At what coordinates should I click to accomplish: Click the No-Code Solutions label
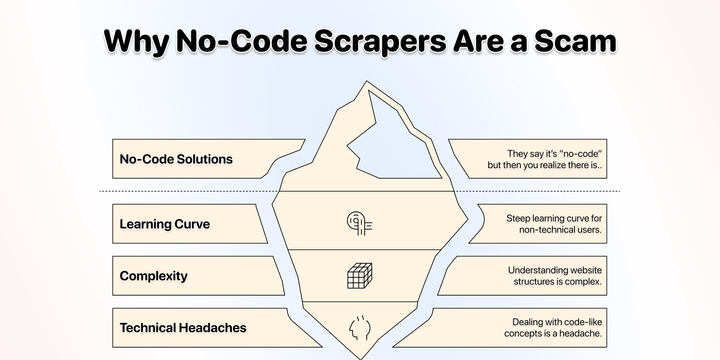coord(176,159)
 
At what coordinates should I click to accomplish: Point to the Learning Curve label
coord(165,224)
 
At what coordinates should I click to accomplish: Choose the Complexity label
coord(153,276)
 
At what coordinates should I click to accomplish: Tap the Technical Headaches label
coord(183,328)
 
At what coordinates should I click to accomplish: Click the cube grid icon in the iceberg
coord(359,276)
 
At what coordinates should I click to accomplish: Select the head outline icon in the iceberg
coord(359,328)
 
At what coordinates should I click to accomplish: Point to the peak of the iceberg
coord(366,82)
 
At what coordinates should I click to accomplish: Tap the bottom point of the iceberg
coord(360,358)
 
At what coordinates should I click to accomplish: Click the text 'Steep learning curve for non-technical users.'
coord(554,224)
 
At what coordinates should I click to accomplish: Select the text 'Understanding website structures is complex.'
coord(555,276)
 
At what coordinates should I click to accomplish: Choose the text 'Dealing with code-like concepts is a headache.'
coord(553,328)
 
